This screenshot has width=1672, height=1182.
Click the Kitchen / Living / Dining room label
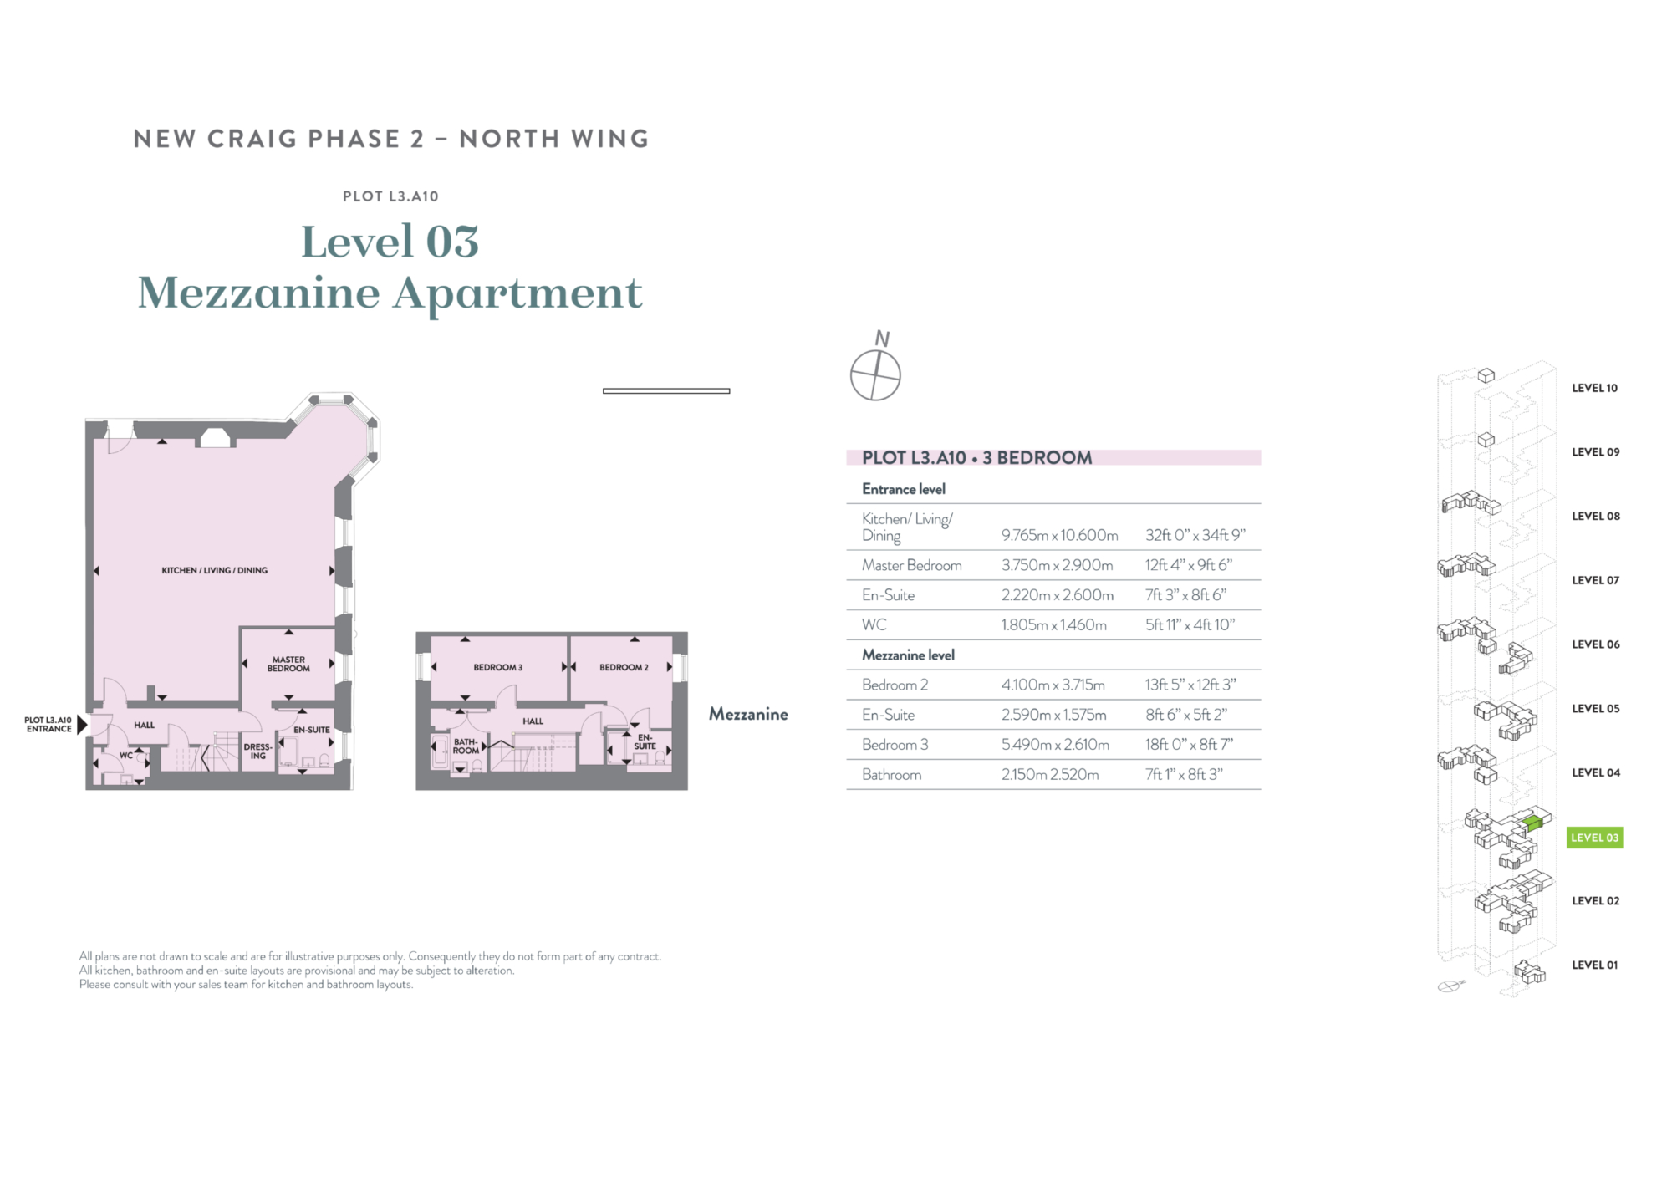tap(215, 570)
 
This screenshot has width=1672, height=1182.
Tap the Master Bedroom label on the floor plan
tap(288, 664)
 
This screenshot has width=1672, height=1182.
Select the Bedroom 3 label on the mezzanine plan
tap(497, 667)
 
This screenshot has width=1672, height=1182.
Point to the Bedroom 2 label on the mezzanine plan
tap(624, 667)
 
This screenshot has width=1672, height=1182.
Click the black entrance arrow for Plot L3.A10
tap(82, 724)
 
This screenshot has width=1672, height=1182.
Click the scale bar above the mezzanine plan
tap(666, 390)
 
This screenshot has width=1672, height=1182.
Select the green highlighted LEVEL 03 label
tap(1594, 838)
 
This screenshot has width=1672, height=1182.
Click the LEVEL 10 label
tap(1594, 388)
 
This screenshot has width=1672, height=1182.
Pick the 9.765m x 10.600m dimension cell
tap(1059, 535)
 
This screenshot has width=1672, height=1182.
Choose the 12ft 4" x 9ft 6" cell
tap(1189, 565)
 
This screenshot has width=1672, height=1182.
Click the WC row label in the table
tap(874, 624)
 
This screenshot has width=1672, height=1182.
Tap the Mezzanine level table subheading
tap(908, 655)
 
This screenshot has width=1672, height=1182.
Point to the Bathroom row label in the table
tap(891, 775)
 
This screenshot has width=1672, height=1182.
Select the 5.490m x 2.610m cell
tap(1055, 745)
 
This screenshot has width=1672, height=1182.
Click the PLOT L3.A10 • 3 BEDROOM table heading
tap(977, 457)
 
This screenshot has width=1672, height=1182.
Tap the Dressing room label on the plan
tap(257, 751)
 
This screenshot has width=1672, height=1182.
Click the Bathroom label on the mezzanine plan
tap(466, 746)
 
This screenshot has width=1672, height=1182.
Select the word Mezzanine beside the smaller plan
tap(748, 714)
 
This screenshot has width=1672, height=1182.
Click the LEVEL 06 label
tap(1595, 644)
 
